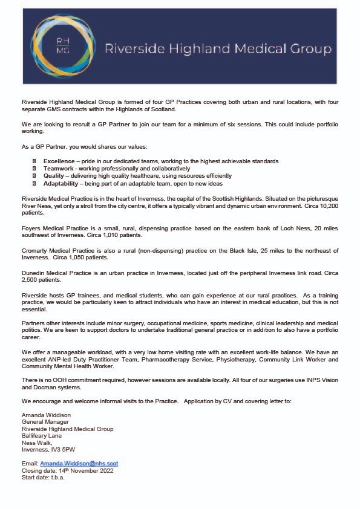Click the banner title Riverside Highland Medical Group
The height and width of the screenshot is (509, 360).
click(218, 49)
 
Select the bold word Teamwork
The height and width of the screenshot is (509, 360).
click(59, 169)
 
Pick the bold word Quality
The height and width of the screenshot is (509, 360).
click(53, 176)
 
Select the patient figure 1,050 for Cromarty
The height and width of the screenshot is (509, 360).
click(77, 256)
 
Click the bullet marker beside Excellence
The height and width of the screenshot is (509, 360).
click(34, 161)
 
